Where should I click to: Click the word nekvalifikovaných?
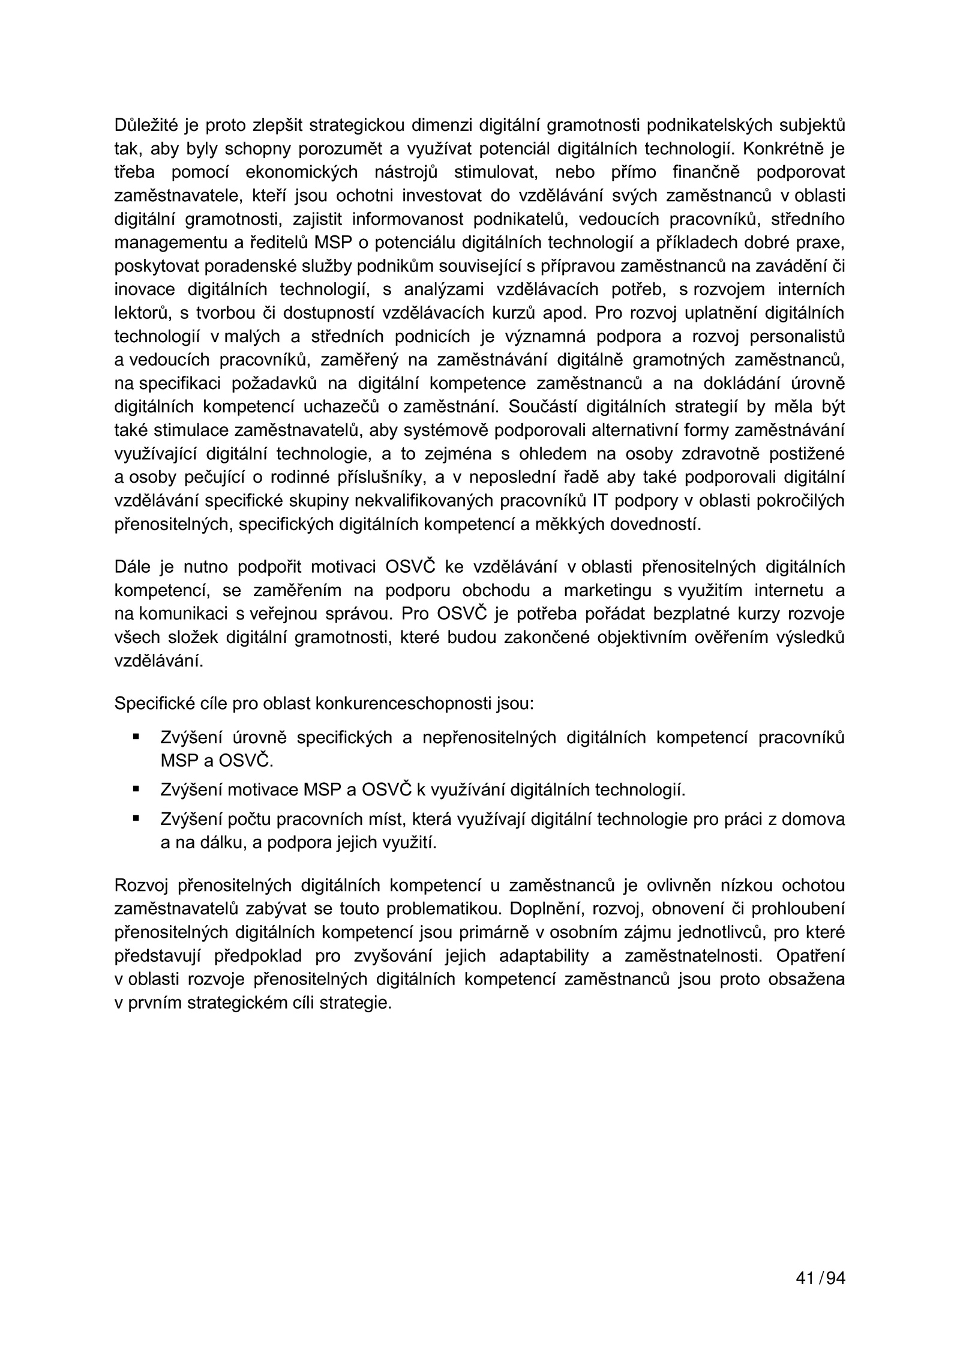click(x=425, y=501)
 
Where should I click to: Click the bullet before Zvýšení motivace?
click(x=136, y=788)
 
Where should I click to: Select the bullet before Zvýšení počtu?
click(x=136, y=818)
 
